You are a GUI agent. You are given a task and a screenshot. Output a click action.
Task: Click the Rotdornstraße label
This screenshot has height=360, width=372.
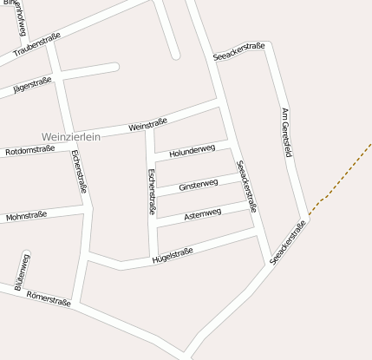click(30, 149)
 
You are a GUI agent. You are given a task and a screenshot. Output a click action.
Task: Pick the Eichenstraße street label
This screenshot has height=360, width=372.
click(80, 171)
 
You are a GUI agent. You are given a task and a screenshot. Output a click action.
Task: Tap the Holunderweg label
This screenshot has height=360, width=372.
click(192, 151)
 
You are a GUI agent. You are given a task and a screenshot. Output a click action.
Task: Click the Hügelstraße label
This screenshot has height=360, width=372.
click(172, 253)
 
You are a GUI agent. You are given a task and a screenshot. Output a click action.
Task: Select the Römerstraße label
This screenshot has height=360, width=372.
click(48, 297)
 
